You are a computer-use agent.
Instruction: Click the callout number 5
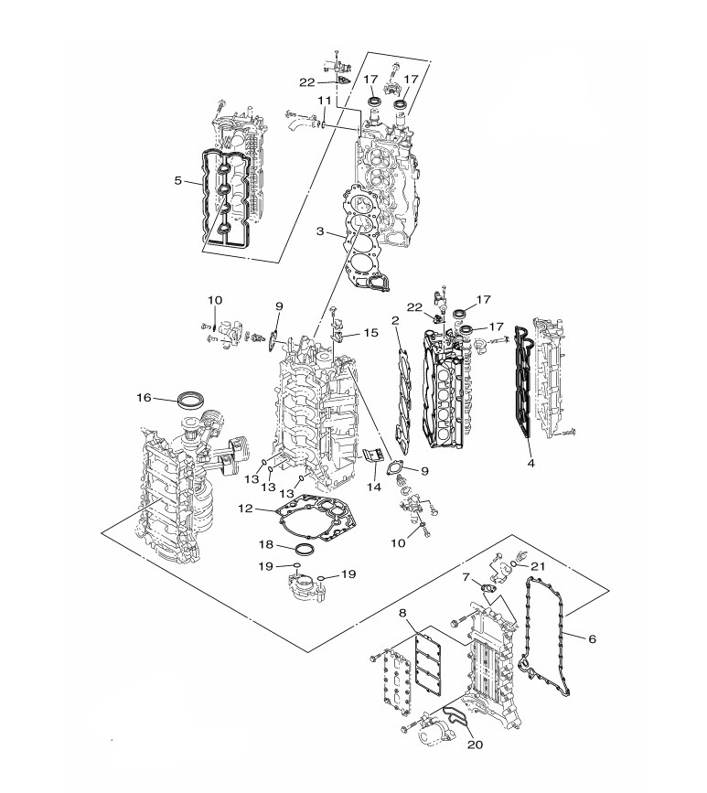click(178, 180)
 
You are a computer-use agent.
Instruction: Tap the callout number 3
click(320, 231)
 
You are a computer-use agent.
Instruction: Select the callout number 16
click(145, 398)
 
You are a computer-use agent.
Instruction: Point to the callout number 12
click(245, 509)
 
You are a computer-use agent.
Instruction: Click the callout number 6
click(592, 638)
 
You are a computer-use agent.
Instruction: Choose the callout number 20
click(476, 745)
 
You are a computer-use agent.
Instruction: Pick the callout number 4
click(530, 463)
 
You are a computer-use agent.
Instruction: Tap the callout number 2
click(395, 320)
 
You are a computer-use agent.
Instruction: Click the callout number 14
click(374, 487)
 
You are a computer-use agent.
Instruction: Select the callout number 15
click(370, 332)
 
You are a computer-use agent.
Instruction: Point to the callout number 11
click(324, 100)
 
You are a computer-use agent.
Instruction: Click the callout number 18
click(266, 545)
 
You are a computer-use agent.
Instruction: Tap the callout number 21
click(538, 566)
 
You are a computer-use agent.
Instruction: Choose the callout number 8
click(402, 613)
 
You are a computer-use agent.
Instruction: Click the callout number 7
click(466, 576)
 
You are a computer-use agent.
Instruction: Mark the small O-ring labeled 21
click(514, 564)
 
